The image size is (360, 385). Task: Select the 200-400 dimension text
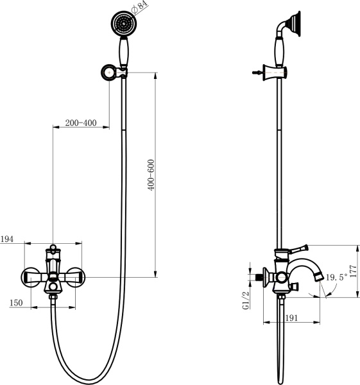pyautogui.click(x=80, y=123)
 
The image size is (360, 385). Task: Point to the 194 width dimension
pyautogui.click(x=7, y=239)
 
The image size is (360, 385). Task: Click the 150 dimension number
pyautogui.click(x=17, y=303)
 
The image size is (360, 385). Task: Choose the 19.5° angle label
pyautogui.click(x=336, y=278)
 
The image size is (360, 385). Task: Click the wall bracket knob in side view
pyautogui.click(x=260, y=74)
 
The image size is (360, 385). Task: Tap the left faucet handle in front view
pyautogui.click(x=33, y=278)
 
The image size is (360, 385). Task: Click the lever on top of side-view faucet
pyautogui.click(x=297, y=248)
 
